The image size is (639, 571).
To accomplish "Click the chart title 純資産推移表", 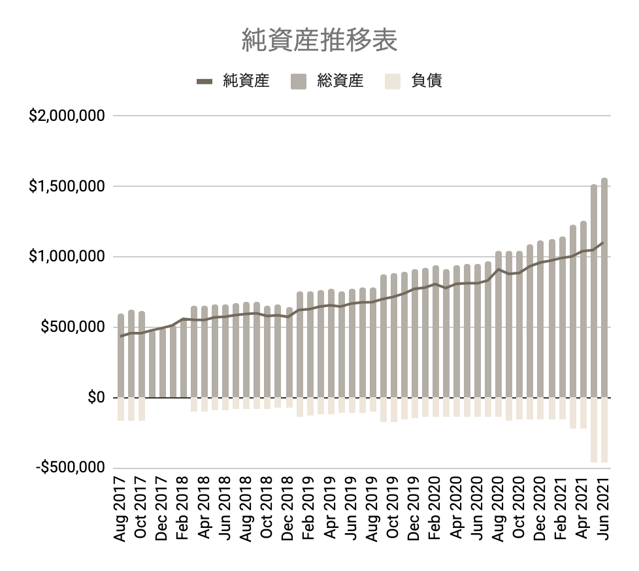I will [319, 41].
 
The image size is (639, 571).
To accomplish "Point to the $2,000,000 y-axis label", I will [67, 116].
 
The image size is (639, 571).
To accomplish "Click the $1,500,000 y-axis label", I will [67, 187].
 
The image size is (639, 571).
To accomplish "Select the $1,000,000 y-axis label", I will [67, 257].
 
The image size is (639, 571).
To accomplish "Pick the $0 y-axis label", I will [96, 397].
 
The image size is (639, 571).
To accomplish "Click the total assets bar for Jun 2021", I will [604, 287].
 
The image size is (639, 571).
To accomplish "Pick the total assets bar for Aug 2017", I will [121, 356].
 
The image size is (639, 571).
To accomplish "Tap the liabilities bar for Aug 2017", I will [121, 409].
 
